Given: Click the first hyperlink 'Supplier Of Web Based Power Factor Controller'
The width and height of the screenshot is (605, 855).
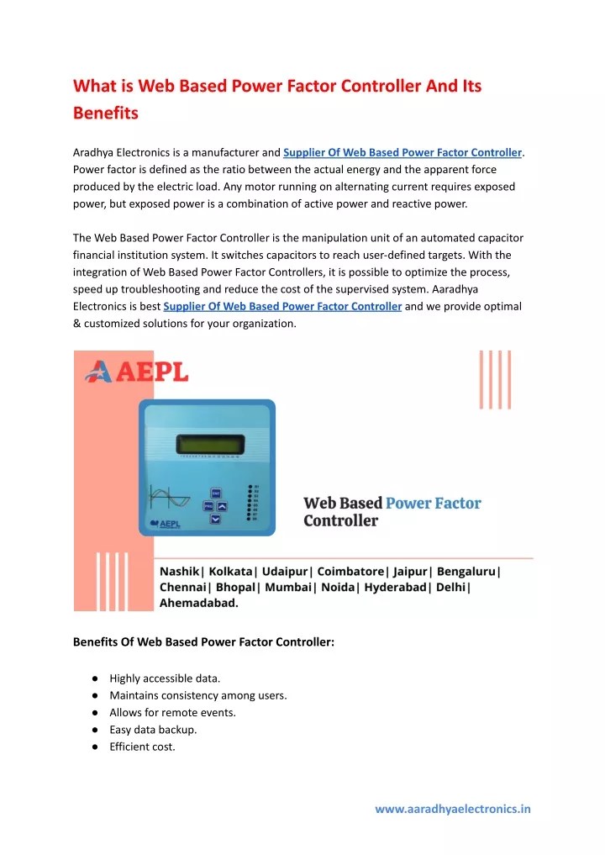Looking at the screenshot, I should tap(402, 153).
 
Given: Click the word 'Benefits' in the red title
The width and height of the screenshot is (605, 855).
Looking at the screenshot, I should tap(106, 112).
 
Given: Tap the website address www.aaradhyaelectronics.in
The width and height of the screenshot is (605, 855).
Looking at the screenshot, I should tap(452, 810).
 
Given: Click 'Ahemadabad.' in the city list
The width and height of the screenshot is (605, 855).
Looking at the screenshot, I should tap(198, 602).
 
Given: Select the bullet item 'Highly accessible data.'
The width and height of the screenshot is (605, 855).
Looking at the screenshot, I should tap(165, 678).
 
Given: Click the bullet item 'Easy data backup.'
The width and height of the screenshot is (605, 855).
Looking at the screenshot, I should tap(153, 730).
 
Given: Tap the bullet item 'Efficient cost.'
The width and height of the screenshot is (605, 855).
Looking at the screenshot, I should tap(142, 747).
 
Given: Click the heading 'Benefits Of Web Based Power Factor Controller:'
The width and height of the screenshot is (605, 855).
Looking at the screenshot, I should tap(203, 642).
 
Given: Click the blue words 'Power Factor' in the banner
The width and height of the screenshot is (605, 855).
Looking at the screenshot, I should tap(433, 504).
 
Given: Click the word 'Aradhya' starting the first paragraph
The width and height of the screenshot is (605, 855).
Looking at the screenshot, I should tap(94, 153).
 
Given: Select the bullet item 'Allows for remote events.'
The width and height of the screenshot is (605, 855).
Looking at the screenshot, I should tap(172, 712).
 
